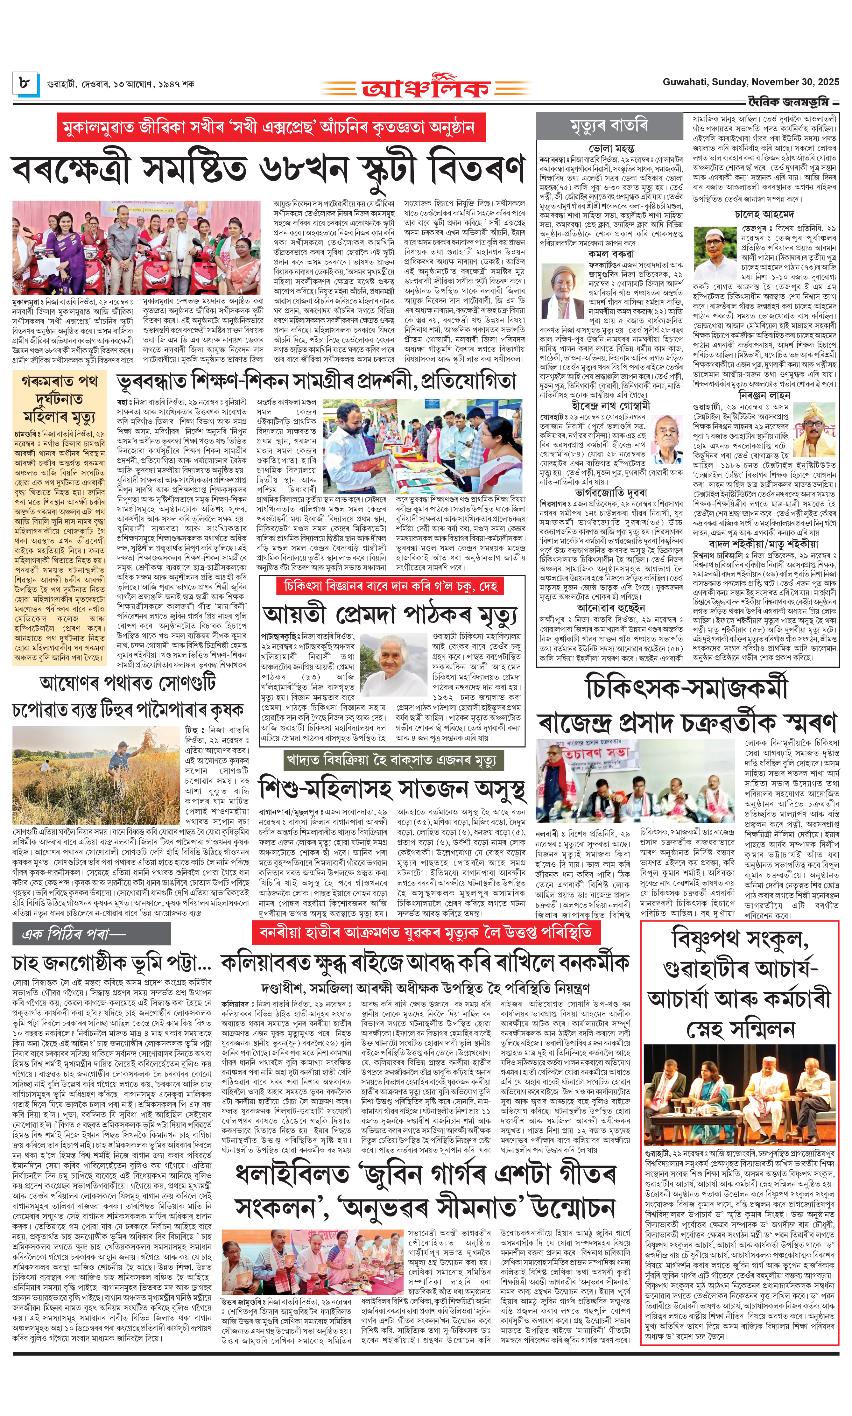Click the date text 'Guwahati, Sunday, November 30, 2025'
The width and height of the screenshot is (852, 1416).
[x=750, y=82]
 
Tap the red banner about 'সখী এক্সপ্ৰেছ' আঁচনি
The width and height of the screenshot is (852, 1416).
[x=271, y=127]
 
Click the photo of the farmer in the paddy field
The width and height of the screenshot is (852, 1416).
[x=96, y=775]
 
